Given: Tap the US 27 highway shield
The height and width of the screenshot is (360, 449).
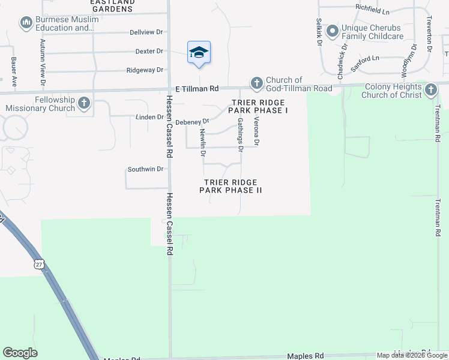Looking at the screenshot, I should pos(40,264).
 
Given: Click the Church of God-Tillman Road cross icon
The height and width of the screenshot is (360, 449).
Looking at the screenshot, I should pos(256,83).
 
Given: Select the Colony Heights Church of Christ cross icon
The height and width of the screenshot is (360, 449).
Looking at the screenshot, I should pos(430,91).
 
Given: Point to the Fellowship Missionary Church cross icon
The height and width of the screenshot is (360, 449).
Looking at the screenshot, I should pos(83,103).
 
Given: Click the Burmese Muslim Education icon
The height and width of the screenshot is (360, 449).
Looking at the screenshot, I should pos(26,23).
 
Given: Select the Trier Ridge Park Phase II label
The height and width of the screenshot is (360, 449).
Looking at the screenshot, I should pos(231,186).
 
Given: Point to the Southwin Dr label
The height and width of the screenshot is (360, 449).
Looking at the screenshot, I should pos(145,169).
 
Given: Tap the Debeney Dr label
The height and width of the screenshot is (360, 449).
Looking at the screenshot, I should pos(191,121).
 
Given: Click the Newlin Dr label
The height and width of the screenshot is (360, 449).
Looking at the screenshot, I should pos(203,143).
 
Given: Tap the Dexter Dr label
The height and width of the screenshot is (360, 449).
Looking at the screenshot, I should pos(149,52).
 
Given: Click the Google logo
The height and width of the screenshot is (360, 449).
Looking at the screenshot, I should pos(20,353).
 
